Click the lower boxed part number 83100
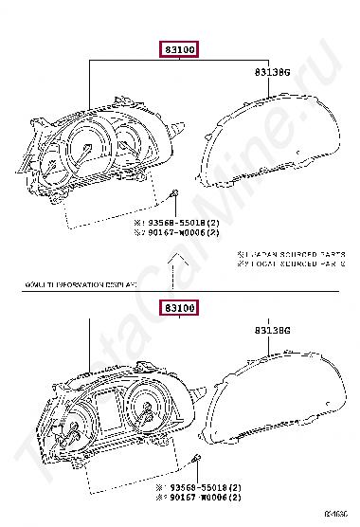coord(178,308)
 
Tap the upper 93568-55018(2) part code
coord(185,222)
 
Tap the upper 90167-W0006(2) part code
coord(185,232)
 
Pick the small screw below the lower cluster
coord(195,460)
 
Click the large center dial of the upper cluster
coord(87,150)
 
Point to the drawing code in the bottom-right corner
coord(337,516)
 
